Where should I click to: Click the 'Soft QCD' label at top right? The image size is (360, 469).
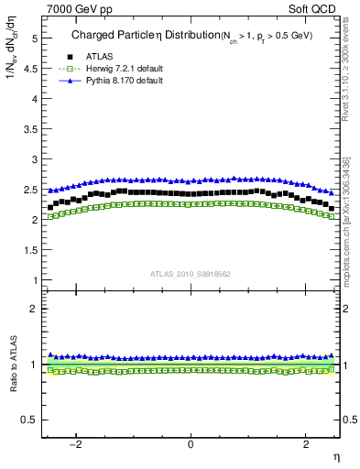coord(311,8)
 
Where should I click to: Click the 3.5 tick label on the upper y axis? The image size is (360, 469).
coord(30,128)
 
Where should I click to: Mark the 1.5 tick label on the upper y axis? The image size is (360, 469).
coord(30,249)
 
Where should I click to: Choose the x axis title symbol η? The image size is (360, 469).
coord(335,455)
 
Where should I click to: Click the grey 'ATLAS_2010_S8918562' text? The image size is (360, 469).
coord(191,274)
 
